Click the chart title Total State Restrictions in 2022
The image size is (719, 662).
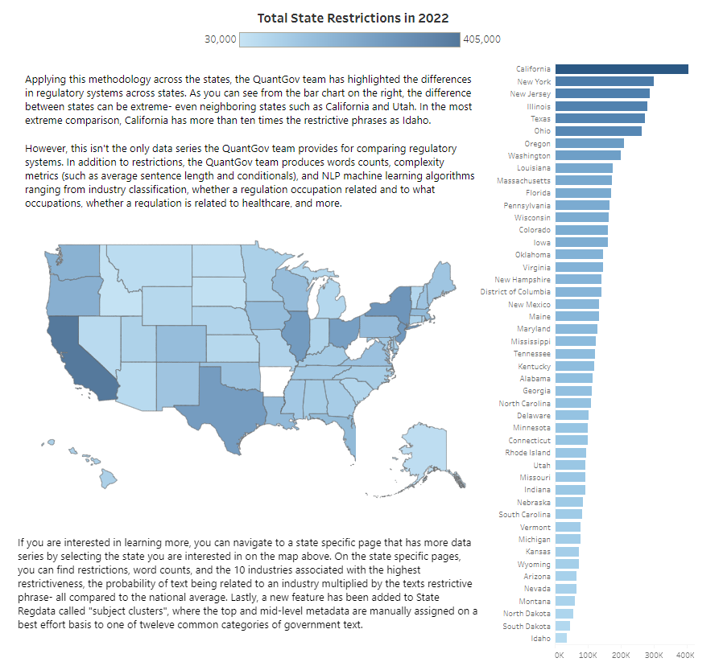[x=353, y=18]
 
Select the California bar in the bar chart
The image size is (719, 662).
[x=621, y=69]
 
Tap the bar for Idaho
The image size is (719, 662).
[x=560, y=638]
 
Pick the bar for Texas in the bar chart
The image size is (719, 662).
[x=599, y=118]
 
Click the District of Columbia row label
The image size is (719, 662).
[x=516, y=291]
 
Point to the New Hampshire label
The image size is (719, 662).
[x=523, y=279]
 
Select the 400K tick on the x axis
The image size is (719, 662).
[x=685, y=655]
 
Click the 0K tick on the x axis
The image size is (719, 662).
[x=560, y=655]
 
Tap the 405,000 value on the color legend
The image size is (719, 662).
[x=481, y=39]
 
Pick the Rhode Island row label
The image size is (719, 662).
[x=528, y=452]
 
